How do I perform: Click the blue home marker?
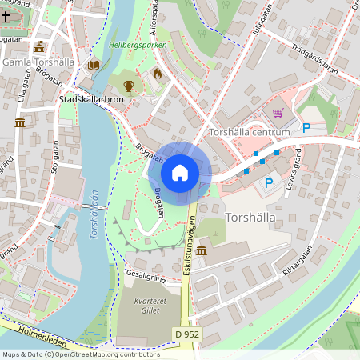point(179,172)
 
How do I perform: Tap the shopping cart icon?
point(278,113)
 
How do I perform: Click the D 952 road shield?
point(187,334)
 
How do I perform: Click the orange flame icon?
point(157,74)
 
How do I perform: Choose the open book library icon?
point(94,65)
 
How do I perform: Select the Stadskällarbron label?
point(91,100)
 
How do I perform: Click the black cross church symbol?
point(6,37)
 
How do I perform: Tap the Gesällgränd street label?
point(143,274)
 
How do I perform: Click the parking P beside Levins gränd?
point(269,183)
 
